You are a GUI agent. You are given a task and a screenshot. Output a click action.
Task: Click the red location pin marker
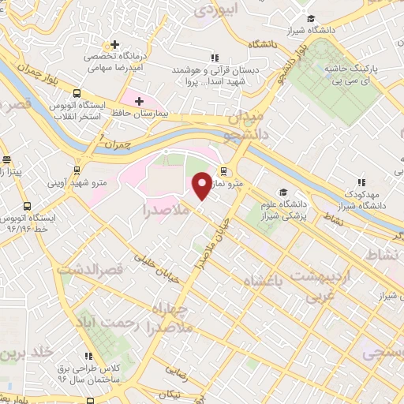(202, 185)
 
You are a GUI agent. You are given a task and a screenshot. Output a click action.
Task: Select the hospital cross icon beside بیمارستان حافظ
(140, 101)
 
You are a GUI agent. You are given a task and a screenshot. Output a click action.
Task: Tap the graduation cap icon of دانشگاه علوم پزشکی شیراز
(282, 193)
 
